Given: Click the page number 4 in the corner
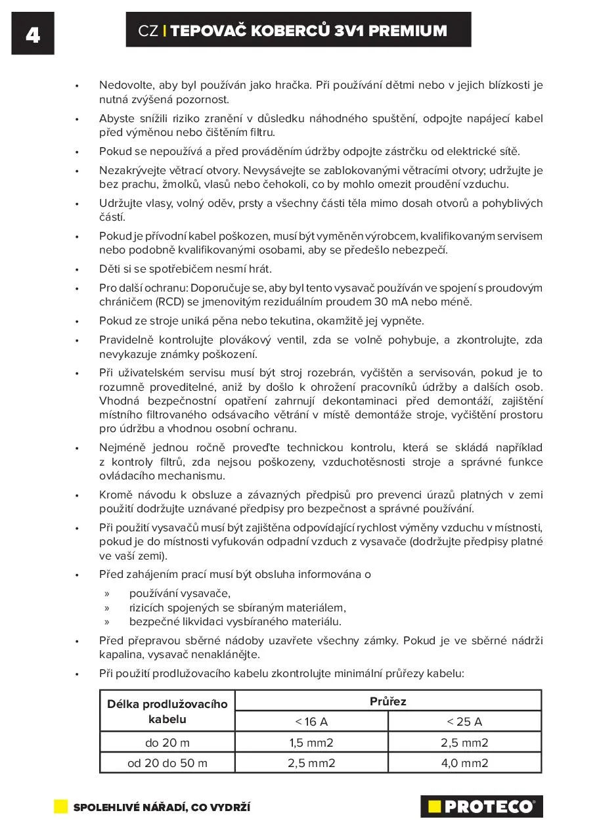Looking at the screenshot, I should click(x=32, y=34).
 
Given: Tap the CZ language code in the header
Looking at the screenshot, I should click(x=148, y=31).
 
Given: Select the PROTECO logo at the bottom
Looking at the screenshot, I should click(x=481, y=806).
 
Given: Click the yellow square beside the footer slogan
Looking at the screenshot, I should click(x=61, y=806).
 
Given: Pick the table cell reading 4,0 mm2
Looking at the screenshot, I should click(x=464, y=762).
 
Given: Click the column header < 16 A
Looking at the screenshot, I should click(x=311, y=722).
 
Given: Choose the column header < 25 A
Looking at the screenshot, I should click(x=464, y=722).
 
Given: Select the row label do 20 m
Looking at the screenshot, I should click(x=167, y=743).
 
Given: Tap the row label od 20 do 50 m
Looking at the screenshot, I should click(x=167, y=762).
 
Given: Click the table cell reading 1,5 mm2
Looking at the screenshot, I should click(x=311, y=743).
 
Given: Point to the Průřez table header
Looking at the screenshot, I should click(x=388, y=701).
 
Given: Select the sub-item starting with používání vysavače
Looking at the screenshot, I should click(x=171, y=594).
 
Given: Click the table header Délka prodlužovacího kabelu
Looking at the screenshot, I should click(x=167, y=711).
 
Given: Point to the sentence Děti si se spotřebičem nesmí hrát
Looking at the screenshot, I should click(x=185, y=269).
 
